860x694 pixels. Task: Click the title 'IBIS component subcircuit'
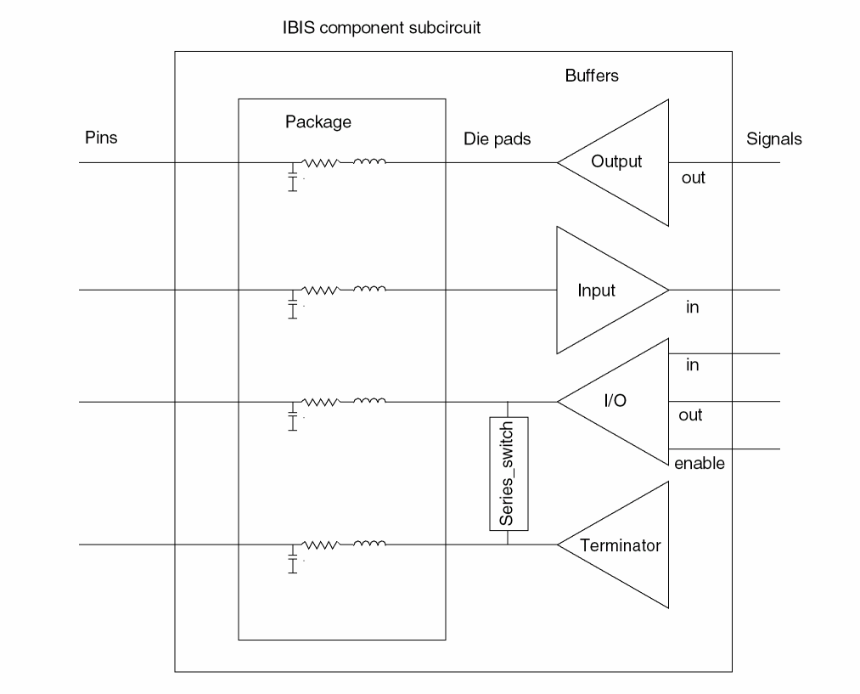(x=382, y=28)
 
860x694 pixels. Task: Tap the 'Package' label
(x=318, y=122)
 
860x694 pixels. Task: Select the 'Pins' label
(x=101, y=138)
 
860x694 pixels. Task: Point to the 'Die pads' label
(x=497, y=139)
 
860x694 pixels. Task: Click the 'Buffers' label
(x=592, y=76)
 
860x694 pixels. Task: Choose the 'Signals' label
(x=773, y=139)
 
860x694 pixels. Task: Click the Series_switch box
(x=509, y=473)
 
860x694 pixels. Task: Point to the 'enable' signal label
(x=699, y=464)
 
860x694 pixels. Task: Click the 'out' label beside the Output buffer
(x=693, y=178)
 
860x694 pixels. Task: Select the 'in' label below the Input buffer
(x=692, y=308)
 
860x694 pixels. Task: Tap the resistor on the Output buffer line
(x=321, y=161)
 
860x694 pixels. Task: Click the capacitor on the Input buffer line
(x=293, y=307)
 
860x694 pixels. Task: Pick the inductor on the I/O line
(x=369, y=401)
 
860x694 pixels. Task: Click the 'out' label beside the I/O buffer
(x=690, y=415)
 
